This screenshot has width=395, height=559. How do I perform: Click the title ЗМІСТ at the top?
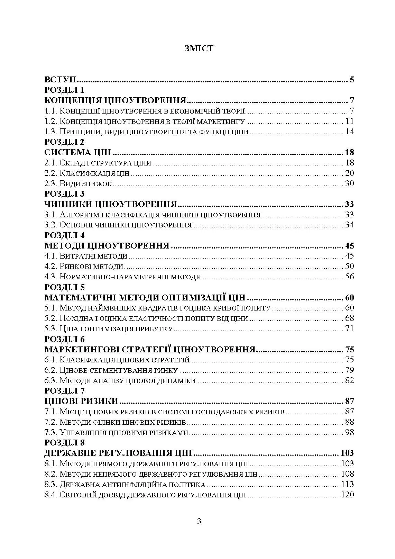click(x=199, y=48)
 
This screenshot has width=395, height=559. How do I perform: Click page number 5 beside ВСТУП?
click(x=351, y=80)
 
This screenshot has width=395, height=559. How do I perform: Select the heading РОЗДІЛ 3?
click(x=64, y=194)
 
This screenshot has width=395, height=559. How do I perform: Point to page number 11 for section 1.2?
click(x=349, y=121)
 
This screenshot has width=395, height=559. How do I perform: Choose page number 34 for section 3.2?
click(x=349, y=225)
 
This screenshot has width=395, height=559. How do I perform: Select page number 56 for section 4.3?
click(x=349, y=277)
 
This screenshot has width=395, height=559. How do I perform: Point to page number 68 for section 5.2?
click(x=349, y=318)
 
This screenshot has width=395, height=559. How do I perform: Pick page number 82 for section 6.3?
click(x=349, y=381)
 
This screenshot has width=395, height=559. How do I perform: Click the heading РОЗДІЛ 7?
click(x=64, y=391)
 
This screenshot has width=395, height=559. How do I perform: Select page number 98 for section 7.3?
click(x=349, y=433)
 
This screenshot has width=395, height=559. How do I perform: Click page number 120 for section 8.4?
click(x=347, y=495)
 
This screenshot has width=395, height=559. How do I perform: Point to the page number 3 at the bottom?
click(x=199, y=521)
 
